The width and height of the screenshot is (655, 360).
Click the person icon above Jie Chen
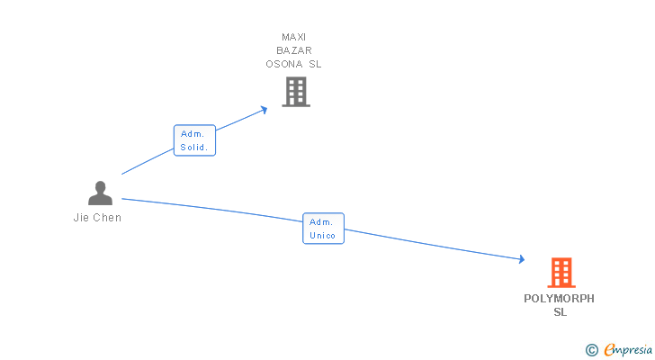pyautogui.click(x=100, y=193)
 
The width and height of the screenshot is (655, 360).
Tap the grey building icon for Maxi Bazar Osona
pyautogui.click(x=295, y=92)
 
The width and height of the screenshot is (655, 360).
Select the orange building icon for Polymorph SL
pyautogui.click(x=561, y=272)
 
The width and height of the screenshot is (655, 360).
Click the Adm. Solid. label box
pyautogui.click(x=194, y=140)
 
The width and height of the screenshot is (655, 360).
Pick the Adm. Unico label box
pyautogui.click(x=323, y=229)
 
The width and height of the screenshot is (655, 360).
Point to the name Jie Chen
pyautogui.click(x=97, y=218)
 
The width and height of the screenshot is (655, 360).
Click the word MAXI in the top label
pyautogui.click(x=294, y=37)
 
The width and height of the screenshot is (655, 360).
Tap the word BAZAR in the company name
pyautogui.click(x=294, y=50)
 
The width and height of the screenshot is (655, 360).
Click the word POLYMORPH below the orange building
pyautogui.click(x=560, y=299)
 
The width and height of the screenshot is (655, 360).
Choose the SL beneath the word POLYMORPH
pyautogui.click(x=561, y=312)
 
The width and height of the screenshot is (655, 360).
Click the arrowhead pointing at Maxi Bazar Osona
pyautogui.click(x=264, y=109)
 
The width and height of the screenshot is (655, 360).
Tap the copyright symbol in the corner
pyautogui.click(x=591, y=350)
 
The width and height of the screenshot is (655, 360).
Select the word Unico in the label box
pyautogui.click(x=323, y=236)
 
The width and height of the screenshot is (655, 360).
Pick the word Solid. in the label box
pyautogui.click(x=194, y=148)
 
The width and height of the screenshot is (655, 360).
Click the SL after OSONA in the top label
pyautogui.click(x=315, y=64)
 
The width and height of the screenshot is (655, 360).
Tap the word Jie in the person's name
pyautogui.click(x=80, y=218)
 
